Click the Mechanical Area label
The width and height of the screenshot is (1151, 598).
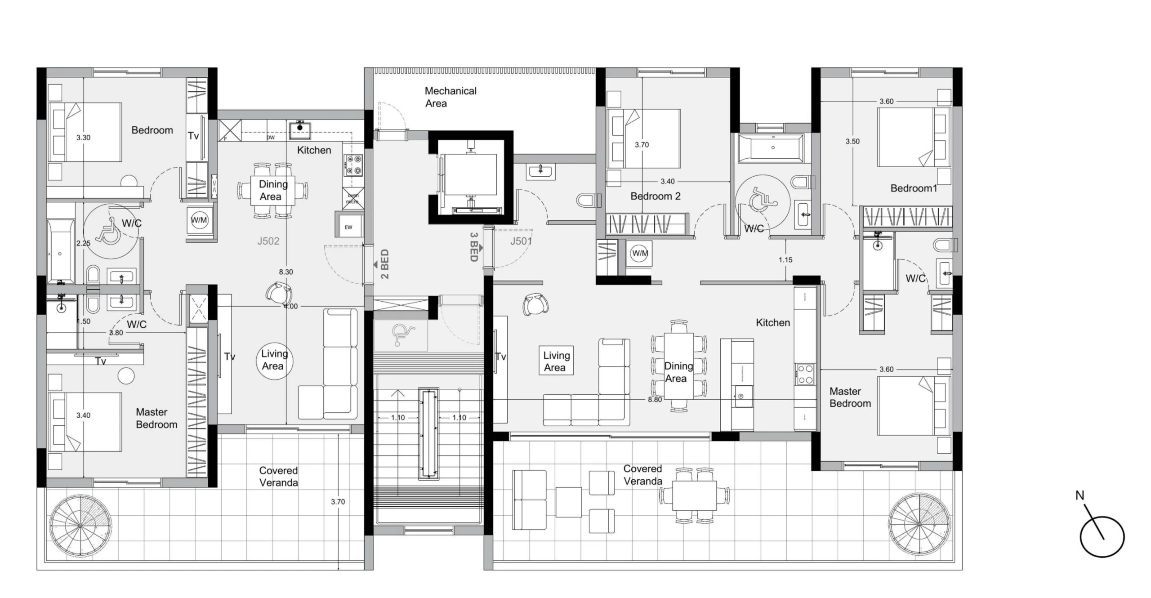coord(450,97)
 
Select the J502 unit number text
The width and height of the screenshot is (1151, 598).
coord(268,241)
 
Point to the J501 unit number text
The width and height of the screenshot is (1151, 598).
coord(522,241)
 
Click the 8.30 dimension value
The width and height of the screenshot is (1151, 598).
coord(286,272)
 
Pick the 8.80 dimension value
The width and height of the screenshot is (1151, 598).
coord(655,399)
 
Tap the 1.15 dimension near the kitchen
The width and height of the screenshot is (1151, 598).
coord(785,260)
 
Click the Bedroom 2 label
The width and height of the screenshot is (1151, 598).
coord(656,196)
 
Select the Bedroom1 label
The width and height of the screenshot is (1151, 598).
coord(914,188)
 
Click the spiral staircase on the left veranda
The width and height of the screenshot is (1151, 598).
coord(80,526)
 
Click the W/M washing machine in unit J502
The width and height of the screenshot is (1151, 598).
coord(199,220)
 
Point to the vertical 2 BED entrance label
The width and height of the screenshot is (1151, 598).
coord(385,264)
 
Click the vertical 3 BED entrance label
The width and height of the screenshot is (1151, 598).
coord(473,247)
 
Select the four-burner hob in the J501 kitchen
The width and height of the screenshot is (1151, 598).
coord(805,374)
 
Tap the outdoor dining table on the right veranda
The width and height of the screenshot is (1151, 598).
coord(695,495)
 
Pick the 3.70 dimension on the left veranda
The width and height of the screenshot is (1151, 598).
coord(338,502)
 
